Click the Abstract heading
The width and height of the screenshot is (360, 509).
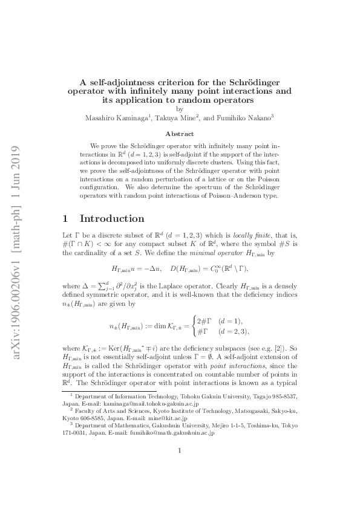180,134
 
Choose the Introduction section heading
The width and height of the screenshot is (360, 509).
113,218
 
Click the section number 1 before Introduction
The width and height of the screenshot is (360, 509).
66,218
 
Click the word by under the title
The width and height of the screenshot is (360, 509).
180,109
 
